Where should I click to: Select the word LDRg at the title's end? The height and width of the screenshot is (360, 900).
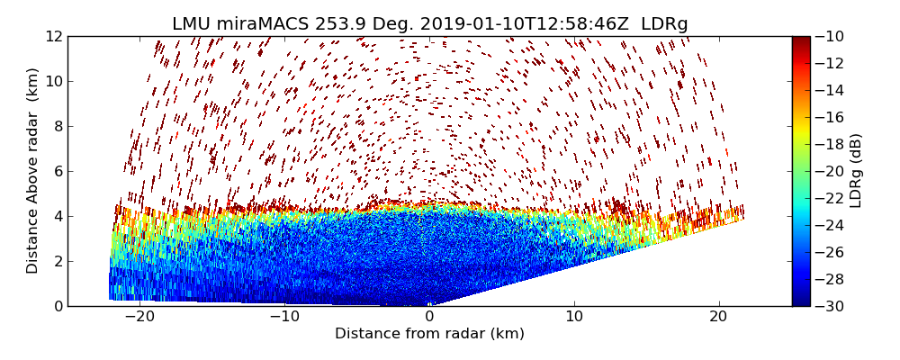(664, 24)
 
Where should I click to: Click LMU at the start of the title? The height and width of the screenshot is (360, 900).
(191, 24)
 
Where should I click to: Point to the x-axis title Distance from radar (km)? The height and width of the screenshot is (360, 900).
(429, 334)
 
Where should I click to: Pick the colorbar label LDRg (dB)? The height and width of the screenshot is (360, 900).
(856, 171)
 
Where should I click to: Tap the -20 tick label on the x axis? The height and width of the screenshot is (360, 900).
(139, 317)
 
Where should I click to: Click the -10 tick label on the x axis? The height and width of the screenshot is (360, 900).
(284, 317)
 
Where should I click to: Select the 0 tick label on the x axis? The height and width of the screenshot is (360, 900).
(429, 317)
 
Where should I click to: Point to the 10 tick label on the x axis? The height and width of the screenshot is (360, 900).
(574, 317)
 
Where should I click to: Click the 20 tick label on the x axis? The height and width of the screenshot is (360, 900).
(719, 317)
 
